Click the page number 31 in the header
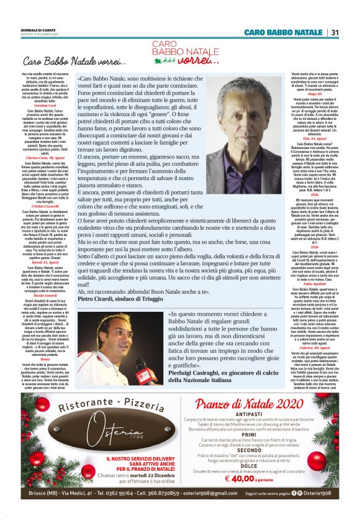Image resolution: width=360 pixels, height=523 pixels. (335, 32)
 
